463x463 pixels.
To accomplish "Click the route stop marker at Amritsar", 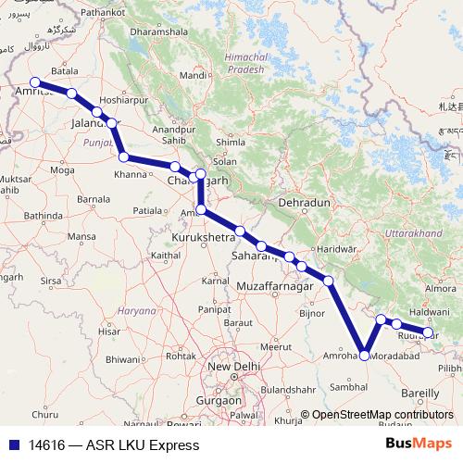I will point(35,81).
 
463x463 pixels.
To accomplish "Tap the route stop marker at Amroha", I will point(365,355).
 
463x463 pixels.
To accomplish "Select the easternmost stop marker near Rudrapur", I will point(428,332).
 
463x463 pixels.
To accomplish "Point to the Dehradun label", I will point(304,202).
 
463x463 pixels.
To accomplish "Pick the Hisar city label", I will point(110,330).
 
